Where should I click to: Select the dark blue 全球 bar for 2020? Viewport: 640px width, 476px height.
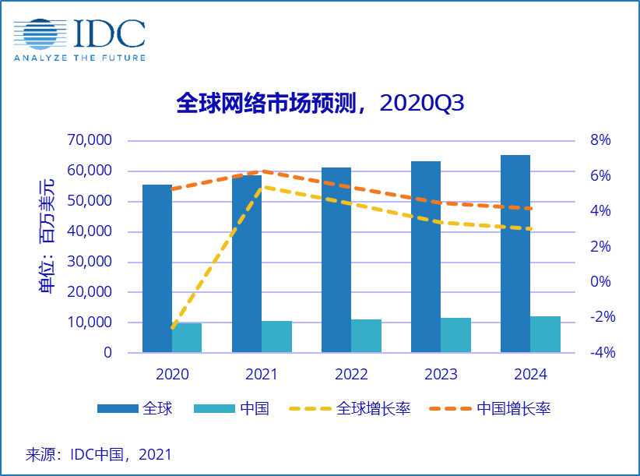156,269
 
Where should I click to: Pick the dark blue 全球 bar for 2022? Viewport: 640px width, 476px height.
336,260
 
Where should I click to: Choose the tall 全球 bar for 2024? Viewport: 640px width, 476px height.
515,254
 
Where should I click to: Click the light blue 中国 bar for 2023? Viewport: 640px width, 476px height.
455,335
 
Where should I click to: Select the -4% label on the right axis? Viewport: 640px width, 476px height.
600,353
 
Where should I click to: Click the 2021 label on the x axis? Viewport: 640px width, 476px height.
262,375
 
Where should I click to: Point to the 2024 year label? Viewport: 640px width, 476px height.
530,375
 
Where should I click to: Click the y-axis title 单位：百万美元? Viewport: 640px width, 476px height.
48,237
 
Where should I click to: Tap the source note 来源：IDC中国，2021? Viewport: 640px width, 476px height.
99,454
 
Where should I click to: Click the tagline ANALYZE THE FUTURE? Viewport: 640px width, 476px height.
79,58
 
